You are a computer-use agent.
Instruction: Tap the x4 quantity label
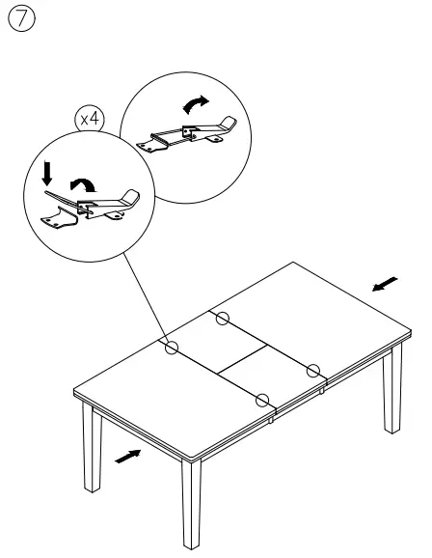(x=91, y=119)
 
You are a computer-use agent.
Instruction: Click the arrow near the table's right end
(x=384, y=283)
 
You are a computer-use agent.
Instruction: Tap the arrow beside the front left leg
(x=126, y=455)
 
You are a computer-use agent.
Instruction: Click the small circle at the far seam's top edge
(x=222, y=318)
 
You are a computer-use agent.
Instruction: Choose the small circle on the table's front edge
(x=261, y=398)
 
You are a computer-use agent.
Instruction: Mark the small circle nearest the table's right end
(x=312, y=369)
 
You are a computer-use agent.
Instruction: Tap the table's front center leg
(x=190, y=507)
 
